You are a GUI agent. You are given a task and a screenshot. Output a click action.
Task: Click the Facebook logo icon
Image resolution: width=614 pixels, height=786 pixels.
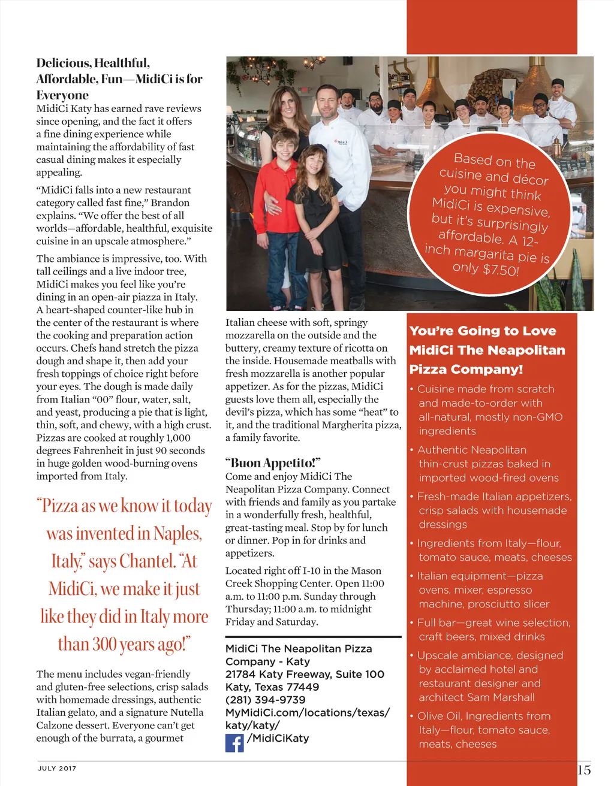234,743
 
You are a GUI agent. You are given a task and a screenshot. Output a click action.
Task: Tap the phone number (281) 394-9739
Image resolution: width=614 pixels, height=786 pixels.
266,700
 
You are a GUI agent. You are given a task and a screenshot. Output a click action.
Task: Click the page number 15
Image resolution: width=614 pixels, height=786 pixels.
584,770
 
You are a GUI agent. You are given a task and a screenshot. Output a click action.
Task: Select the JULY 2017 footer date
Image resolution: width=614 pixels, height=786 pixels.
57,769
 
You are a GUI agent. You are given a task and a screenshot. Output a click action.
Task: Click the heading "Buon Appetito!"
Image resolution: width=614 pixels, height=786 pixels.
273,463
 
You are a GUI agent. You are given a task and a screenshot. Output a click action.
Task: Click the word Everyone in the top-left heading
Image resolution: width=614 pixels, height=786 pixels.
62,95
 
